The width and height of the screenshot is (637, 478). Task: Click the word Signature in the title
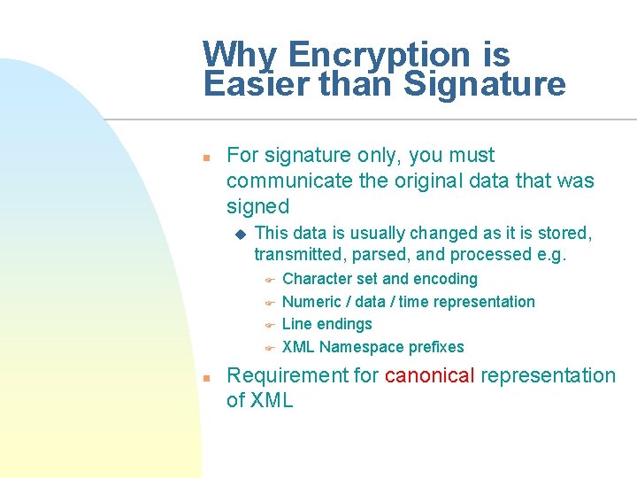[484, 85]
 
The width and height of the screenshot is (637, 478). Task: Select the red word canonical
[429, 375]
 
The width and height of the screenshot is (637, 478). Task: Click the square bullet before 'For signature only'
[204, 157]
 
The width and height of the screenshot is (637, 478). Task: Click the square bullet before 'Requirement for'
[204, 377]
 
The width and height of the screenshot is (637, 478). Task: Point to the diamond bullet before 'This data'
[238, 234]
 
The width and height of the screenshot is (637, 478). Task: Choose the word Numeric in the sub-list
[311, 302]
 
